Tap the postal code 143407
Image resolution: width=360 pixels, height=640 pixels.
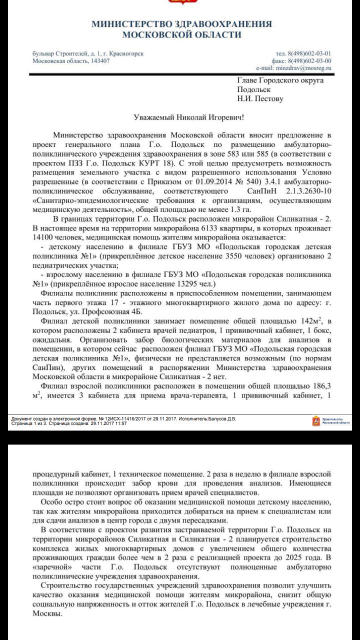tap(97, 61)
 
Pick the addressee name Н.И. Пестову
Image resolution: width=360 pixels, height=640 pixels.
tap(260, 98)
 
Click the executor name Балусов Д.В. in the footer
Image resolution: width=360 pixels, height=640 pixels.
tap(221, 418)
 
